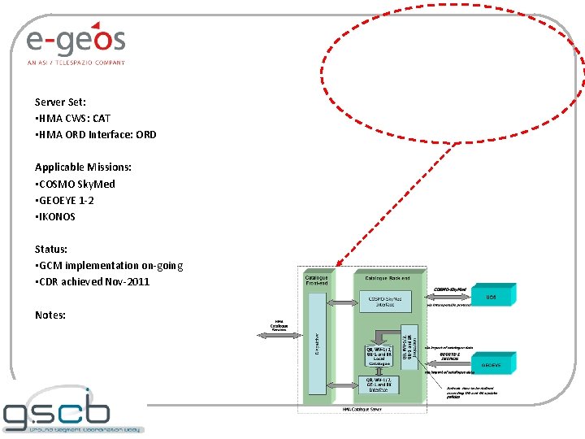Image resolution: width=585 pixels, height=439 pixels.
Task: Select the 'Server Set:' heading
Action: pyautogui.click(x=60, y=102)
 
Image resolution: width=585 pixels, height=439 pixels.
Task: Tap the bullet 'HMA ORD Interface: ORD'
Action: pyautogui.click(x=96, y=135)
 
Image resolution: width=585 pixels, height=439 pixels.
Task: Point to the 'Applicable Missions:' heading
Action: pyautogui.click(x=83, y=167)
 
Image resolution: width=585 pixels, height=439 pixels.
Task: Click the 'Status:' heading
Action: pyautogui.click(x=51, y=250)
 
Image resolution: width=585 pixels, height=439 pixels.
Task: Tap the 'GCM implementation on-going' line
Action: pyautogui.click(x=109, y=266)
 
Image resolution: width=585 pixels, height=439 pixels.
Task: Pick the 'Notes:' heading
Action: pyautogui.click(x=50, y=315)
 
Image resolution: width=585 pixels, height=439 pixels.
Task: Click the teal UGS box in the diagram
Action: pyautogui.click(x=490, y=297)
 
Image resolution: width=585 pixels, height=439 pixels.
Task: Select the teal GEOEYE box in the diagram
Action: pyautogui.click(x=490, y=365)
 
